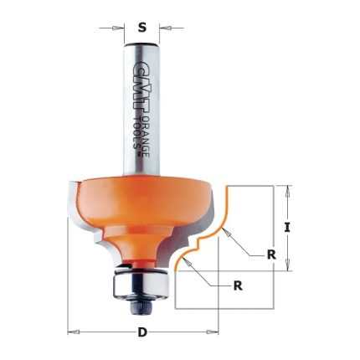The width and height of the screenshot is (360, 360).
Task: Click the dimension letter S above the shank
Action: click(142, 28)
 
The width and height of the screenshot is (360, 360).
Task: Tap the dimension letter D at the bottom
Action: click(142, 332)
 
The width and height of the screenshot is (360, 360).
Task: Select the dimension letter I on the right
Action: click(287, 228)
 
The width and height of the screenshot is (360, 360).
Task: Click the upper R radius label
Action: click(271, 255)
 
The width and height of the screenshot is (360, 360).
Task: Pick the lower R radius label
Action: click(238, 285)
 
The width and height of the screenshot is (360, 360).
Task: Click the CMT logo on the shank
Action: click(136, 84)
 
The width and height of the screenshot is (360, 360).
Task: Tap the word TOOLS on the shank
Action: click(136, 134)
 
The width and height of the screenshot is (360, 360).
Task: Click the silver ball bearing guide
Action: click(141, 281)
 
